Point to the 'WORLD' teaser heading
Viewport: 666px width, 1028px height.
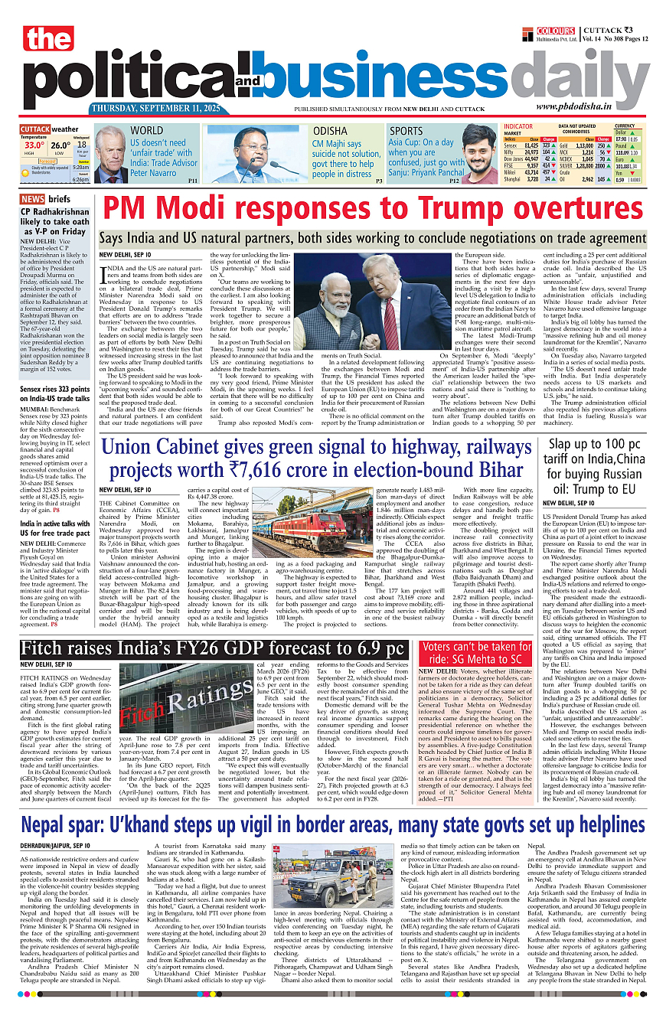click(x=146, y=131)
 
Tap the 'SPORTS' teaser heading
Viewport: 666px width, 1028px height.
click(x=406, y=131)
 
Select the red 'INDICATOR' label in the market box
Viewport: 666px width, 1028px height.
click(x=518, y=126)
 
